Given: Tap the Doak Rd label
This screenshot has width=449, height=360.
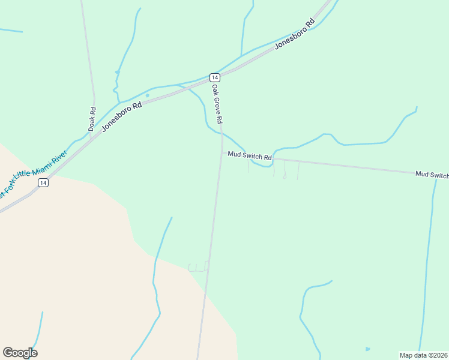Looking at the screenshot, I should point(92,119).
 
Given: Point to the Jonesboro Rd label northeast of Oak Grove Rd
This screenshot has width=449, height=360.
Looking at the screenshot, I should point(295,34).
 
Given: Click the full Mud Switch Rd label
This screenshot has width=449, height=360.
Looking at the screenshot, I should point(250,156).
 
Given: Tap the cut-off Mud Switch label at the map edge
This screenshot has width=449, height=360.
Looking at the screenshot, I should point(432,175).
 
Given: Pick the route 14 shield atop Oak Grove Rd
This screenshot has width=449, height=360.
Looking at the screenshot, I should point(214,77).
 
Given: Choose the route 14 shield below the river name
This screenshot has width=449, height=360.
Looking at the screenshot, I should point(43,183).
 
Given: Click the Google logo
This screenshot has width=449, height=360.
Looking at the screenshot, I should point(20,353).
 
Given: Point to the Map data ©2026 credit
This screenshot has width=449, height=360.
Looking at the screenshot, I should point(423,355).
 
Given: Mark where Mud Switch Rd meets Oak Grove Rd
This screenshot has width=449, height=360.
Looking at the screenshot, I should point(222,153).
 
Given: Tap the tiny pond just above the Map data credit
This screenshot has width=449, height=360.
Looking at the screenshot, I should point(367,349).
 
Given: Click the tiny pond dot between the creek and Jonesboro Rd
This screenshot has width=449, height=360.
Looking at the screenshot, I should point(147,95).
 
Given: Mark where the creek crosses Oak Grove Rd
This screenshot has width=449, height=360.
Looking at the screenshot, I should point(221,133).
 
